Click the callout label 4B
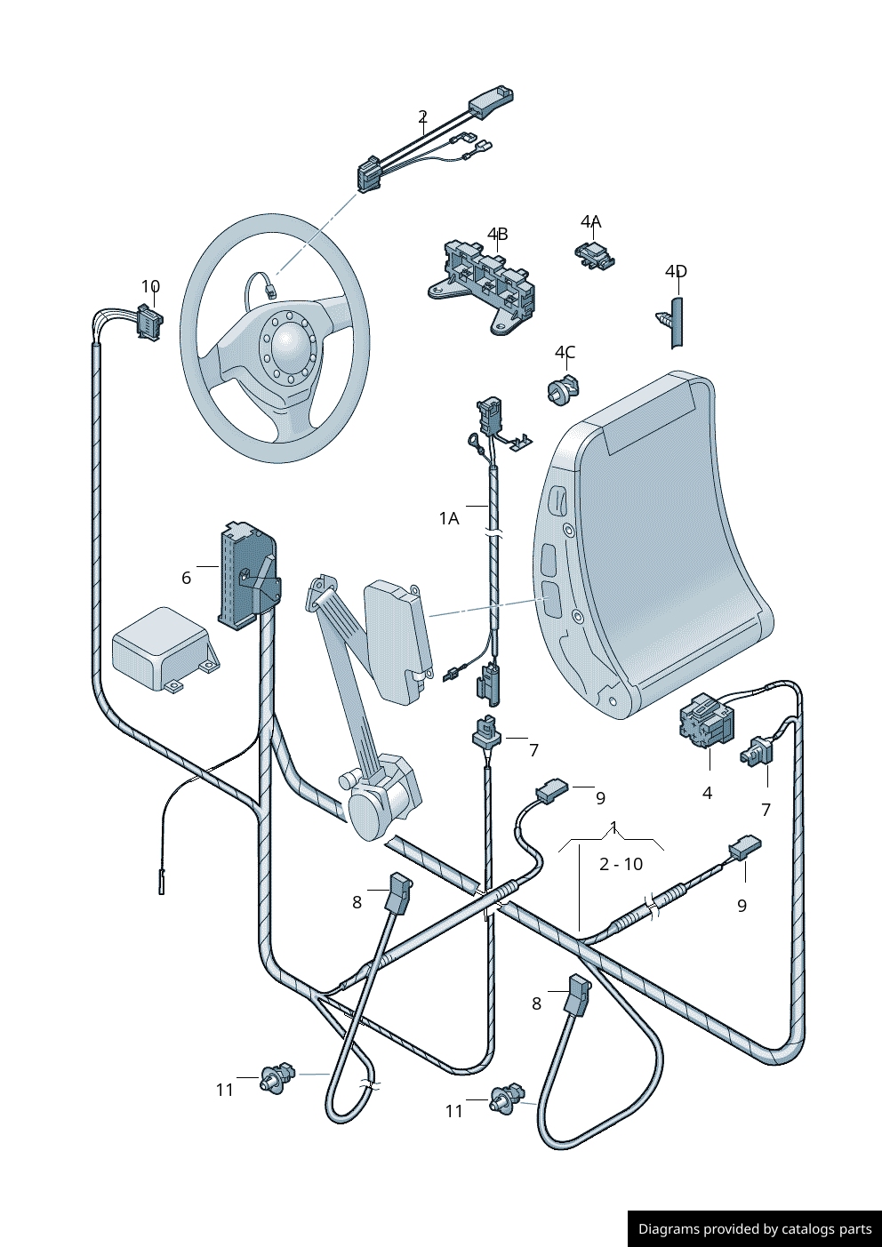tap(497, 234)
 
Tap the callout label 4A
tap(590, 221)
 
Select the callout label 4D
tap(676, 271)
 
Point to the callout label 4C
tap(565, 353)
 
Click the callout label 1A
tap(449, 517)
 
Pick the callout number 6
tap(186, 578)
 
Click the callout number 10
tap(150, 286)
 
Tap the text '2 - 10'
tap(621, 864)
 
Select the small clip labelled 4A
tap(594, 253)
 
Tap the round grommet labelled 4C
tap(559, 391)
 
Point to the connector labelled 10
tap(148, 323)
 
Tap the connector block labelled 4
tap(707, 719)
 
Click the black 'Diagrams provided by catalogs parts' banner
tap(754, 1228)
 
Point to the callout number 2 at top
tap(422, 116)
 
